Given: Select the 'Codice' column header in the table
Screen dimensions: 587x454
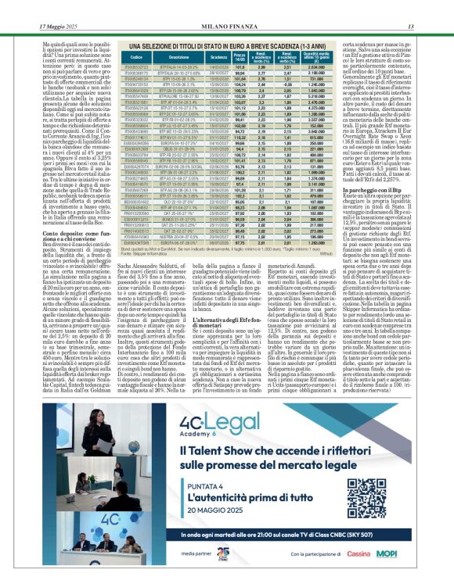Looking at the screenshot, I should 135,58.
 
